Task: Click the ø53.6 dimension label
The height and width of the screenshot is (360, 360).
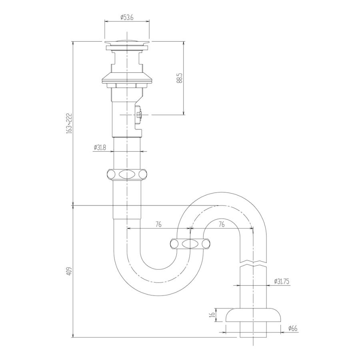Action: pos(127,17)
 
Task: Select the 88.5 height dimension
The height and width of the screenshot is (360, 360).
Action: pos(180,78)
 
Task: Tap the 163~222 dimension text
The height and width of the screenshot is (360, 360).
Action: pos(69,122)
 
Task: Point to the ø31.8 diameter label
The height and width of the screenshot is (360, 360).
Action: pos(100,147)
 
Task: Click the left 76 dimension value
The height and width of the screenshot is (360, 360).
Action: pos(158,224)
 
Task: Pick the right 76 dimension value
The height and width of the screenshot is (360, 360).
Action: pos(221,224)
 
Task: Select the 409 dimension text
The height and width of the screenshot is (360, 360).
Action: pos(69,272)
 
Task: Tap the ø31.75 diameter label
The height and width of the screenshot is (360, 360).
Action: pos(282,281)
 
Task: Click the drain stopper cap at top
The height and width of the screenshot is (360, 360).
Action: pos(127,42)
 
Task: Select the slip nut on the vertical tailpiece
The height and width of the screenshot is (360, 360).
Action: pos(127,175)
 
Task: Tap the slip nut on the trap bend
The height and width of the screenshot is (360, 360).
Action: pos(190,244)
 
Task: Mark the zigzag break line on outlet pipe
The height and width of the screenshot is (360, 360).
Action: pos(254,264)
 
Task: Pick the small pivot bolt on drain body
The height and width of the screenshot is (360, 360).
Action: pos(139,115)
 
